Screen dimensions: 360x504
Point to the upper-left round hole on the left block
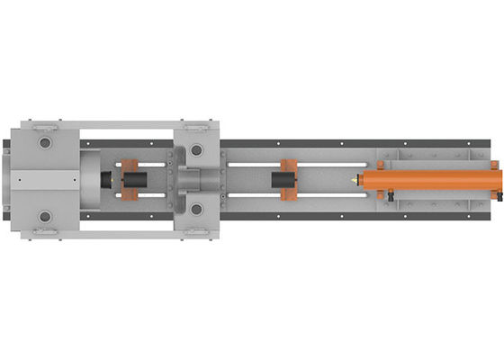coord(44,142)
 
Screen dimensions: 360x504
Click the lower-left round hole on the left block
coord(44,217)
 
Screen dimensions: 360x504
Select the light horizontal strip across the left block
coord(40,180)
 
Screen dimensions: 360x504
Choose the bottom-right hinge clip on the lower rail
coord(194,234)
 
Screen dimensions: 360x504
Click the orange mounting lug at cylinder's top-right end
coord(494,165)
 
